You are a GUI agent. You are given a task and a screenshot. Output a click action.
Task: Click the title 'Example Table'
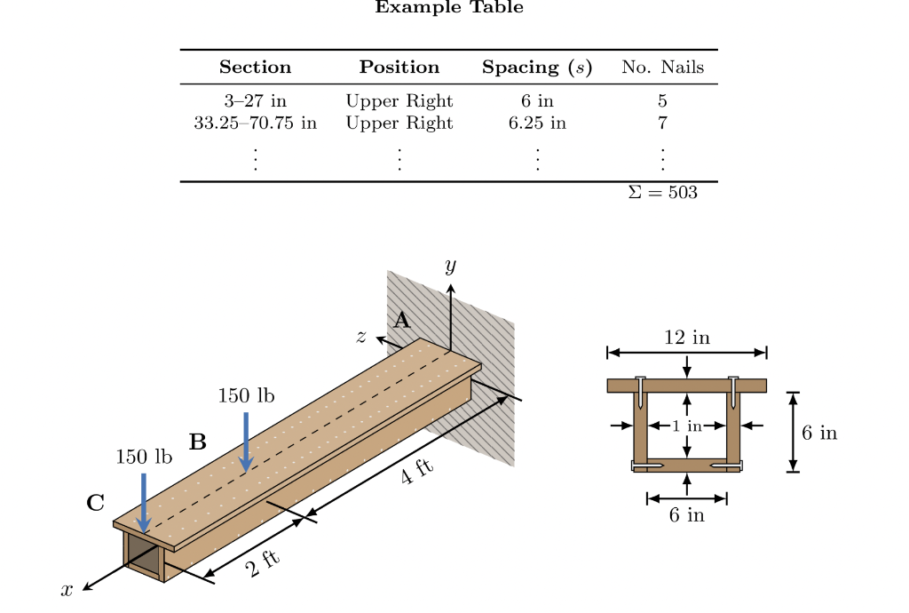pyautogui.click(x=449, y=8)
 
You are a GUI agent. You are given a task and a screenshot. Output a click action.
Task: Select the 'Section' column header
pyautogui.click(x=255, y=68)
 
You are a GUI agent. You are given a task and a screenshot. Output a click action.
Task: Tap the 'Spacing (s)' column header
pyautogui.click(x=537, y=68)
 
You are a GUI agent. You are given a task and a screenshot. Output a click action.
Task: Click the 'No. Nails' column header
pyautogui.click(x=662, y=68)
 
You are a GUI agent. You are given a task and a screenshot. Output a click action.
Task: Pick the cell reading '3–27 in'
pyautogui.click(x=255, y=101)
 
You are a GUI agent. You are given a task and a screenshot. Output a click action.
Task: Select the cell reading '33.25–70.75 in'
pyautogui.click(x=255, y=123)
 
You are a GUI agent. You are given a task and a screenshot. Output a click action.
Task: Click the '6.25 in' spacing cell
pyautogui.click(x=537, y=123)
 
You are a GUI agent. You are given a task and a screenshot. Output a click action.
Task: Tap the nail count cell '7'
pyautogui.click(x=662, y=123)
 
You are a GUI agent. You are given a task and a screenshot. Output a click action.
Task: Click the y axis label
pyautogui.click(x=451, y=266)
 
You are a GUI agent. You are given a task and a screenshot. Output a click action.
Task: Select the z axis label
pyautogui.click(x=361, y=336)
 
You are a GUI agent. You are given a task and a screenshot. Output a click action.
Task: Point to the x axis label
pyautogui.click(x=67, y=589)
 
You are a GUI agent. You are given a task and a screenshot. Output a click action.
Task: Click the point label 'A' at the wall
pyautogui.click(x=402, y=321)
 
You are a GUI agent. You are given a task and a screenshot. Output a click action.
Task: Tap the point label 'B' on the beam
pyautogui.click(x=197, y=442)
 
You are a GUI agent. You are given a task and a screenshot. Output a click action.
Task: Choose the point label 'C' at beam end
pyautogui.click(x=95, y=503)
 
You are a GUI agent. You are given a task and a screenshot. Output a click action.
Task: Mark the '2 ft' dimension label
pyautogui.click(x=264, y=564)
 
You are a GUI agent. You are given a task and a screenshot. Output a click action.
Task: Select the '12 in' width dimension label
pyautogui.click(x=687, y=338)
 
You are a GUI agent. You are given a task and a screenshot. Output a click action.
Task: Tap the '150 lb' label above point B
pyautogui.click(x=246, y=396)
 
